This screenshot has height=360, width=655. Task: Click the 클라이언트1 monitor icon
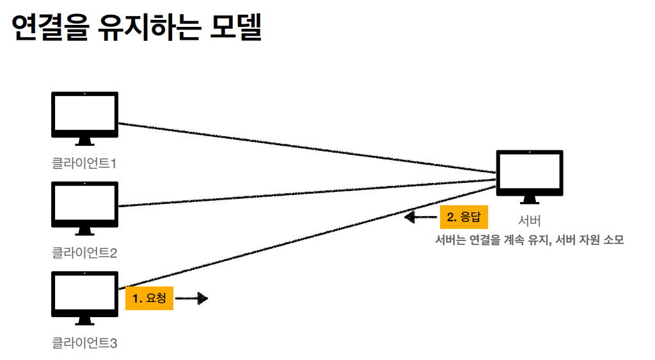[84, 116]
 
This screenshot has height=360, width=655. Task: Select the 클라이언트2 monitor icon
[84, 205]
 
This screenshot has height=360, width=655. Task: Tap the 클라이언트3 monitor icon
[84, 295]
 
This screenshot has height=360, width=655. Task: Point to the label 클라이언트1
[84, 164]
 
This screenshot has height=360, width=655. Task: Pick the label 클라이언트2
[84, 253]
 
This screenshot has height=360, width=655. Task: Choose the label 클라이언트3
[84, 343]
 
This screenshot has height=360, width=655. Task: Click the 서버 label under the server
[530, 221]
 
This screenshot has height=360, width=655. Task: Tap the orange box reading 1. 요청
[150, 298]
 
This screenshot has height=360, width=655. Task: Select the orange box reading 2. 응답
[464, 217]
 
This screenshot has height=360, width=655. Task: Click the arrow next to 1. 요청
[192, 298]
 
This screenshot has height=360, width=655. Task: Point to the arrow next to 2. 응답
[420, 217]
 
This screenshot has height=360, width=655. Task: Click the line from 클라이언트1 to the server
[307, 148]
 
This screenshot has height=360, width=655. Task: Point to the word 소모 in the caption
[613, 241]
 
